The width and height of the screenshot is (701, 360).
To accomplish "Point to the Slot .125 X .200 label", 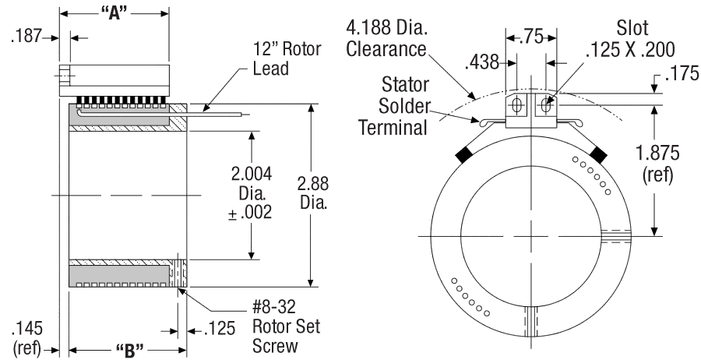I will (632, 40).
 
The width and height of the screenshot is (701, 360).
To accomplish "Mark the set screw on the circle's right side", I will (616, 235).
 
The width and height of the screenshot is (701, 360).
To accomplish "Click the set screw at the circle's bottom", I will (532, 321).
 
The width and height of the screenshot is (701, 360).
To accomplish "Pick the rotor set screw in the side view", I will (177, 274).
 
